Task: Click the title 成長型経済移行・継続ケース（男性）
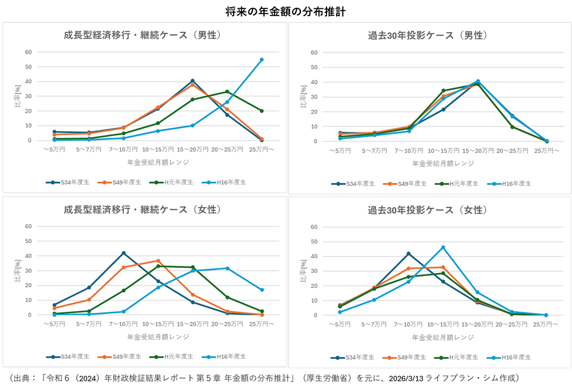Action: [142, 35]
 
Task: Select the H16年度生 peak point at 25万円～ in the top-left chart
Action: [262, 60]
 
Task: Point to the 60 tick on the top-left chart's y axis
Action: [27, 52]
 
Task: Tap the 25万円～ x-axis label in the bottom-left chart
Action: [262, 324]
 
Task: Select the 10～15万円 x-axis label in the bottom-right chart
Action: [443, 325]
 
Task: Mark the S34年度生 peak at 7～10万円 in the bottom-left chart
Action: [123, 253]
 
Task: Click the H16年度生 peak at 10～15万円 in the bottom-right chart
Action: [443, 247]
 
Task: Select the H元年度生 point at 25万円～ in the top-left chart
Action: [262, 111]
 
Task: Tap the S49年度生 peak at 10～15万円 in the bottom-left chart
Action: [158, 260]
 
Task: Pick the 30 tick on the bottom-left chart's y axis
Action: [27, 271]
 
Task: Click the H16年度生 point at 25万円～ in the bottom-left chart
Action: [262, 290]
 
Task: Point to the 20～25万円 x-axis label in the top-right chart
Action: [512, 151]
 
